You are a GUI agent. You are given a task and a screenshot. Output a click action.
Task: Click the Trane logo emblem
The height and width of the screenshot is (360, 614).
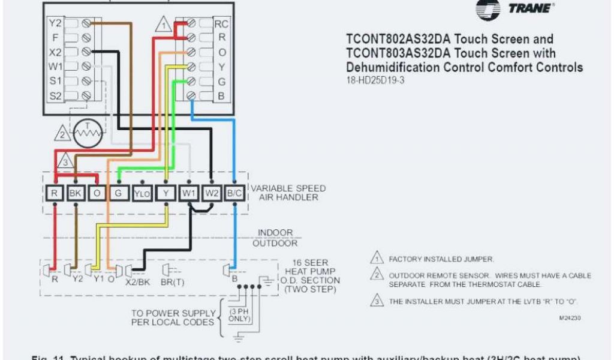487,8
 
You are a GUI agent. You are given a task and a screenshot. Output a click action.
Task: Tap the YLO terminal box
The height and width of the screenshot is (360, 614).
142,193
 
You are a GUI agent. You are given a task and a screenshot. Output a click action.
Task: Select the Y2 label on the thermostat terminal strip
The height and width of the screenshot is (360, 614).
55,24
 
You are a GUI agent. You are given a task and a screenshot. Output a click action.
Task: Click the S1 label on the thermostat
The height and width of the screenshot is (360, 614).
55,80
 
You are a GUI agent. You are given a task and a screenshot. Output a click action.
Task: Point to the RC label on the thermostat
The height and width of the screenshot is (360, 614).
221,24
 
